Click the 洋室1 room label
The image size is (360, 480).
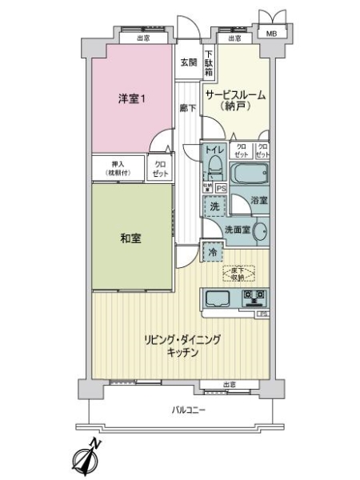click(x=131, y=99)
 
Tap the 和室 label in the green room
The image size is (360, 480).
click(x=131, y=238)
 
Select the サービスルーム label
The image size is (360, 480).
click(x=235, y=95)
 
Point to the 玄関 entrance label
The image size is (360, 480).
click(x=187, y=63)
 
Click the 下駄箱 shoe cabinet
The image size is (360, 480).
click(x=208, y=62)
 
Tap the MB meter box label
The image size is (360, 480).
click(x=272, y=34)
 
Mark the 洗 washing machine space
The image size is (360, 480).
click(x=213, y=206)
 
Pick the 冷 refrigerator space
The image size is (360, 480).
click(x=212, y=253)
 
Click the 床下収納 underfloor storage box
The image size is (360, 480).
click(x=240, y=274)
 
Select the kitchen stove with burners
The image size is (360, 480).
click(x=254, y=299)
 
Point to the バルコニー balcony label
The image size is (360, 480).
click(x=189, y=410)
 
